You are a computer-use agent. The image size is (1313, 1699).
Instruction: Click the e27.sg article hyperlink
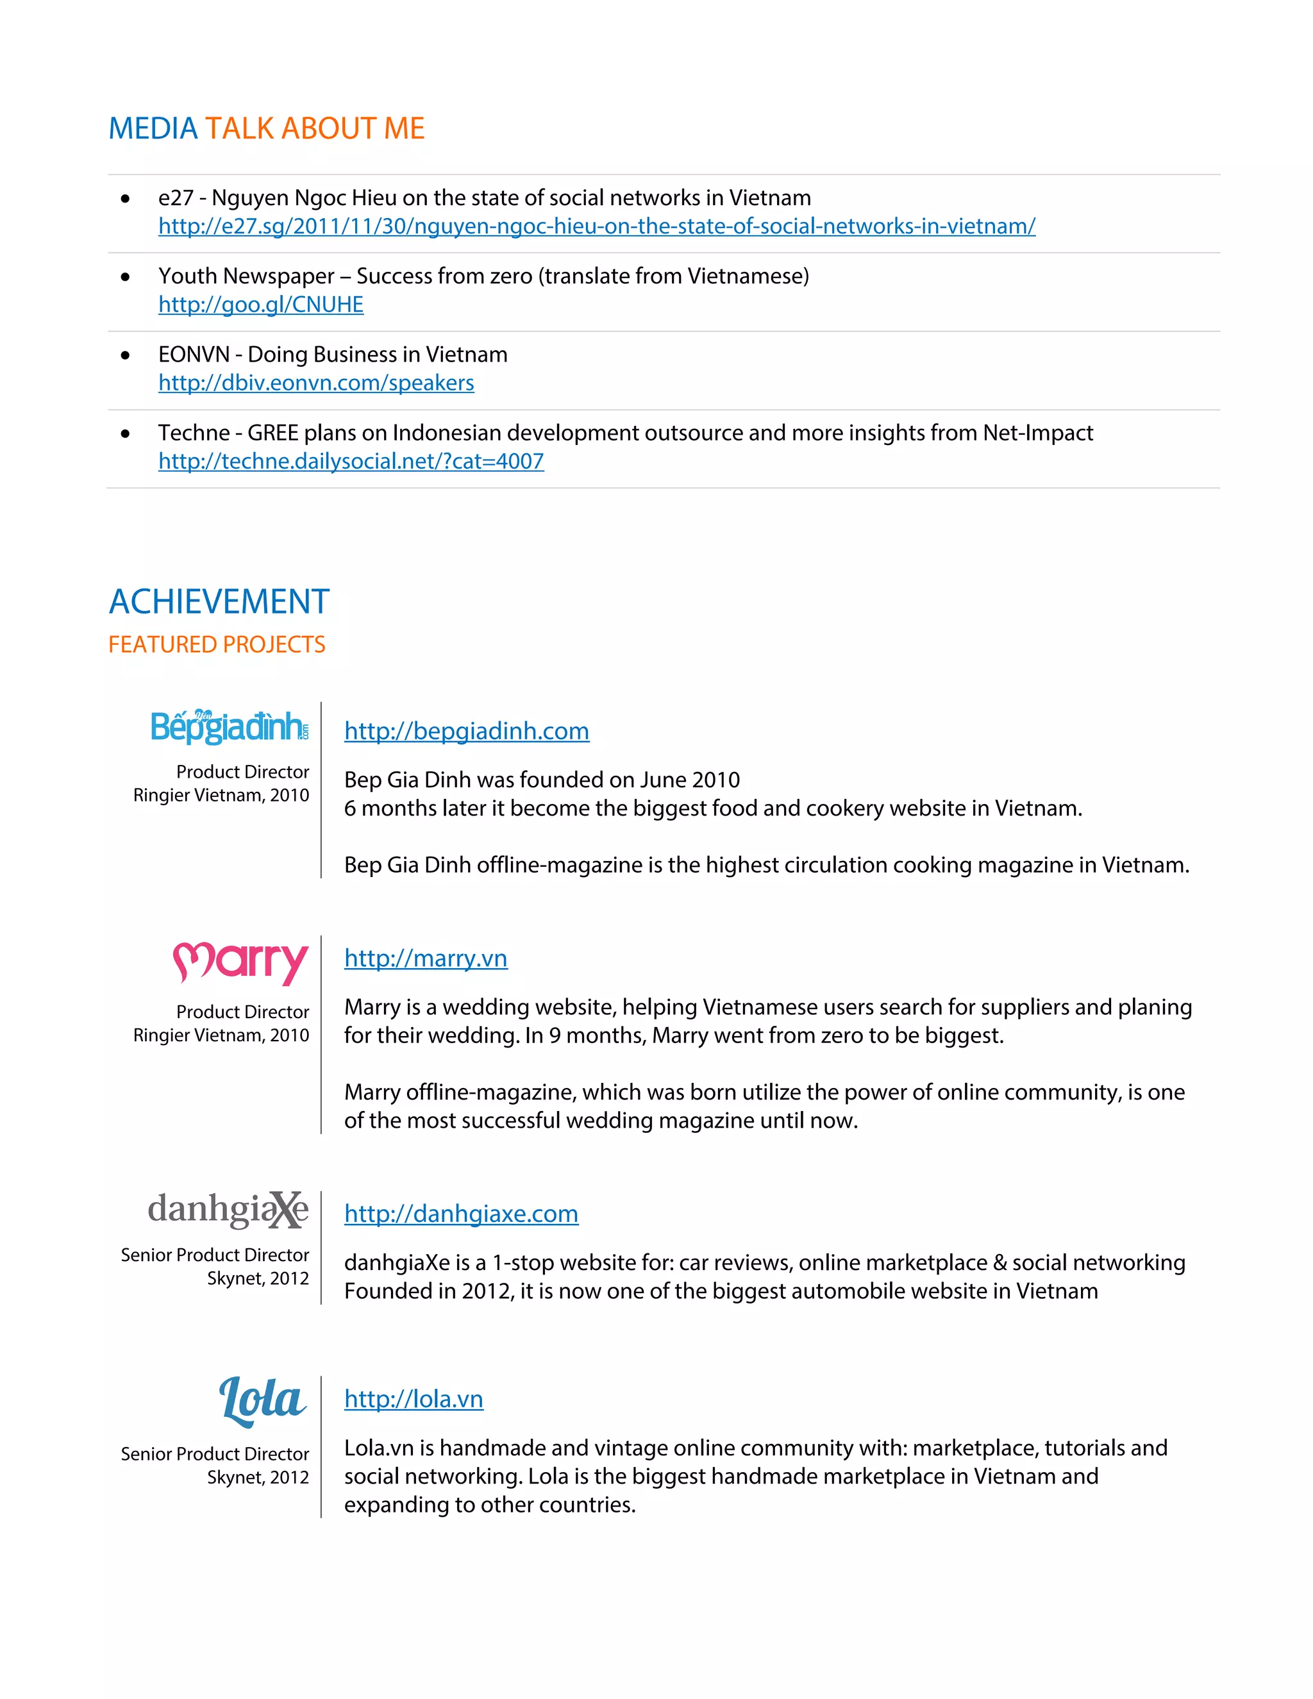click(597, 226)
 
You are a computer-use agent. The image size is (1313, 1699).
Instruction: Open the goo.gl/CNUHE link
click(260, 305)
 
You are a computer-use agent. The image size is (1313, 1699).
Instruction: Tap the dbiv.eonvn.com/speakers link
click(316, 383)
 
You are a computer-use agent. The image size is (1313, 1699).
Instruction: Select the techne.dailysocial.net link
click(351, 462)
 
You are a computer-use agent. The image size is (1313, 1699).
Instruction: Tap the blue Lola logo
click(262, 1401)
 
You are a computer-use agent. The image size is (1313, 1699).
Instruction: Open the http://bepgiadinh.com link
click(467, 732)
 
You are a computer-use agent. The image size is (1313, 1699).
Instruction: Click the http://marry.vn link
click(426, 958)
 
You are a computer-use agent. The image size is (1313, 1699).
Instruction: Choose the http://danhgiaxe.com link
click(461, 1214)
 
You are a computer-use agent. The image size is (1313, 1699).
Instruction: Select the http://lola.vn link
click(413, 1400)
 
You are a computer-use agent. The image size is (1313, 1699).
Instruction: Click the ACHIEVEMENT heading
click(219, 602)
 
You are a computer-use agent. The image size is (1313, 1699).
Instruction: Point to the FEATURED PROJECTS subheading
click(217, 645)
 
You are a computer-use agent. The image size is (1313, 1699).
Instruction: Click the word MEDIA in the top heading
click(153, 128)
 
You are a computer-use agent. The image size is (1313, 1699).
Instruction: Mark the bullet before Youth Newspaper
click(125, 277)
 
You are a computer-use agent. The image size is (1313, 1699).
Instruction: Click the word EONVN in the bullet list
click(194, 355)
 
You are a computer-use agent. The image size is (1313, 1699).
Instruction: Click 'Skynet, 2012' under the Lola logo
click(258, 1477)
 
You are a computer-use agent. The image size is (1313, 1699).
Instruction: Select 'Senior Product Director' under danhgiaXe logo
click(215, 1255)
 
